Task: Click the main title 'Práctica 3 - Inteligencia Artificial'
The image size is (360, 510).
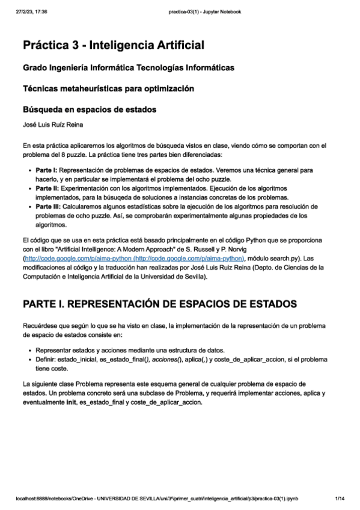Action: (x=114, y=45)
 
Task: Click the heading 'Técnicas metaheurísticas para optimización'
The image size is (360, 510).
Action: (x=108, y=88)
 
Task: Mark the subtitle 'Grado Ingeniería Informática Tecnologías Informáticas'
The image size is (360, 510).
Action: (x=128, y=67)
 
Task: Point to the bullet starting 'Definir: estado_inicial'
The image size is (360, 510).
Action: (x=180, y=360)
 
